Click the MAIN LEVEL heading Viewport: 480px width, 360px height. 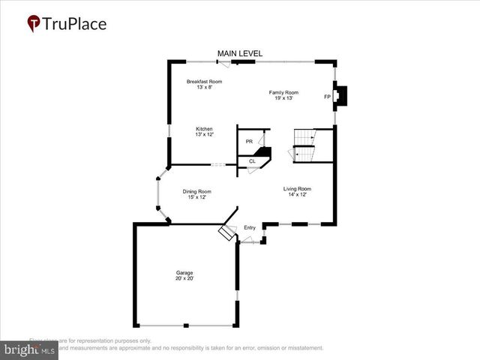[239, 53]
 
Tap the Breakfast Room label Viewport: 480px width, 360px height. [205, 81]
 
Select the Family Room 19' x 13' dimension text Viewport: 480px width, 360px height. [284, 97]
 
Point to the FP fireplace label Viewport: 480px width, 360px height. [327, 97]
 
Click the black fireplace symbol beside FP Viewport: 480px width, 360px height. [341, 96]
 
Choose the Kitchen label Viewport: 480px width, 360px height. [205, 128]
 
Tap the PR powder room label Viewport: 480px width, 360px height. [249, 141]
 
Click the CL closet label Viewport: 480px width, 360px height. [252, 160]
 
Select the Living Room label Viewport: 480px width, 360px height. [297, 188]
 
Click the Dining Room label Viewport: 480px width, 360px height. [197, 191]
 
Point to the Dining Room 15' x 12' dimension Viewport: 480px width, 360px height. [197, 197]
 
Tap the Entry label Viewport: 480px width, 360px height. [250, 227]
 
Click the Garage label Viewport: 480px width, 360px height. [184, 272]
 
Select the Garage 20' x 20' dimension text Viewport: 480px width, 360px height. [184, 278]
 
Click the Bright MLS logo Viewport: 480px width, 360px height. [30, 350]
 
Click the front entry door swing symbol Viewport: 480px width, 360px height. [248, 240]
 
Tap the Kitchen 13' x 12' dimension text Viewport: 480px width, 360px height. [205, 134]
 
